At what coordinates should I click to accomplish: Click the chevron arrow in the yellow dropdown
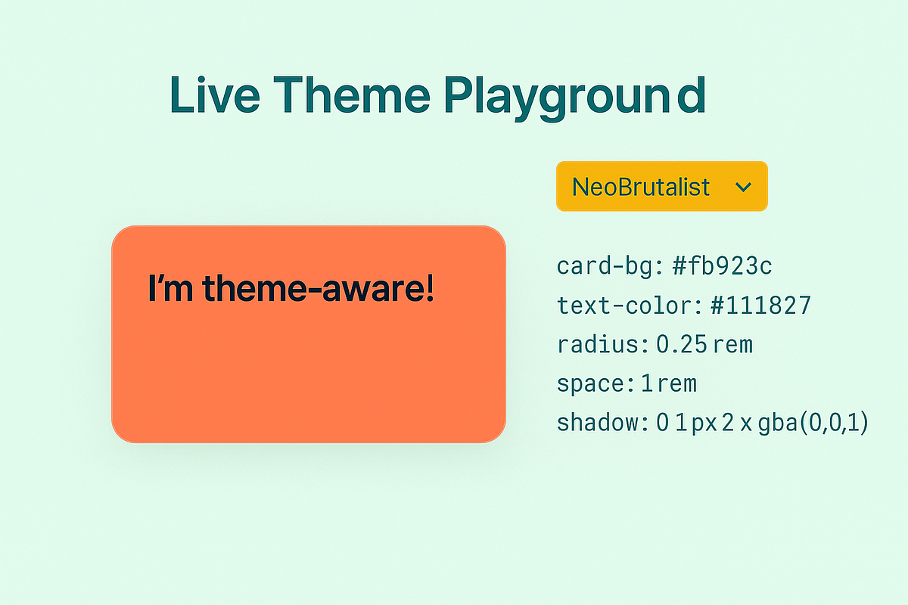coord(743,187)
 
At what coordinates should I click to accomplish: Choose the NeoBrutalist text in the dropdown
coord(641,187)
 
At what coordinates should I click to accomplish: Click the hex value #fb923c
coord(722,266)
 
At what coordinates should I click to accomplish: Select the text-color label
coord(630,306)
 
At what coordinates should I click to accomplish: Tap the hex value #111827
coord(761,306)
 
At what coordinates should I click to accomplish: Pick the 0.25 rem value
coord(704,345)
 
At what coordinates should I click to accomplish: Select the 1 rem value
coord(669,384)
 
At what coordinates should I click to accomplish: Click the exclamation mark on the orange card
coord(430,289)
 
